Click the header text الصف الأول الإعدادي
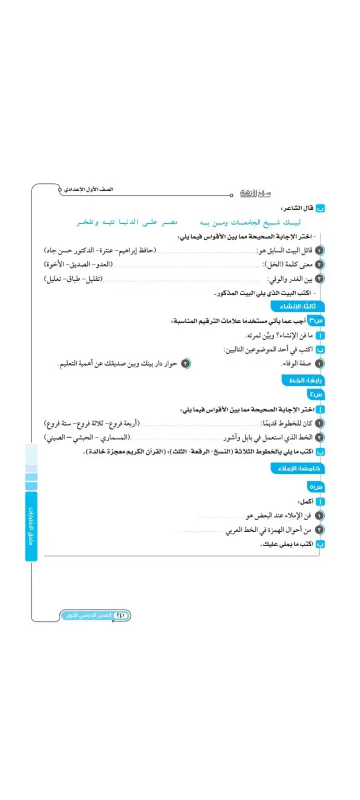click(x=89, y=190)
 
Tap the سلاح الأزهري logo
click(x=255, y=193)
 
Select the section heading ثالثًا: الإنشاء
click(x=298, y=306)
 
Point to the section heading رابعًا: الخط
click(x=303, y=380)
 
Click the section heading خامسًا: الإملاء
click(x=299, y=468)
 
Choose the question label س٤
click(x=316, y=394)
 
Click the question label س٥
click(x=316, y=487)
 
